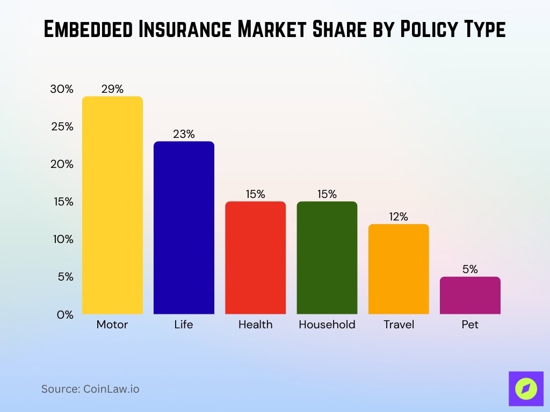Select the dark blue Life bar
pyautogui.click(x=184, y=227)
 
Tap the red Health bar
pyautogui.click(x=255, y=257)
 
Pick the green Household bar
pyautogui.click(x=327, y=257)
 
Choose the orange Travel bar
pyautogui.click(x=399, y=269)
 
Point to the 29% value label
pyautogui.click(x=112, y=89)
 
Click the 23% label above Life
pyautogui.click(x=184, y=134)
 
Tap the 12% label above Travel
pyautogui.click(x=399, y=217)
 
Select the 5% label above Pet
pyautogui.click(x=470, y=269)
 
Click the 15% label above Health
pyautogui.click(x=255, y=194)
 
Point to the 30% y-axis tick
pyautogui.click(x=62, y=89)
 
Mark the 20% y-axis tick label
pyautogui.click(x=62, y=164)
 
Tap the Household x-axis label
pyautogui.click(x=327, y=325)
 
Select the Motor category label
pyautogui.click(x=112, y=325)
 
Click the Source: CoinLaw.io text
pyautogui.click(x=90, y=389)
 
